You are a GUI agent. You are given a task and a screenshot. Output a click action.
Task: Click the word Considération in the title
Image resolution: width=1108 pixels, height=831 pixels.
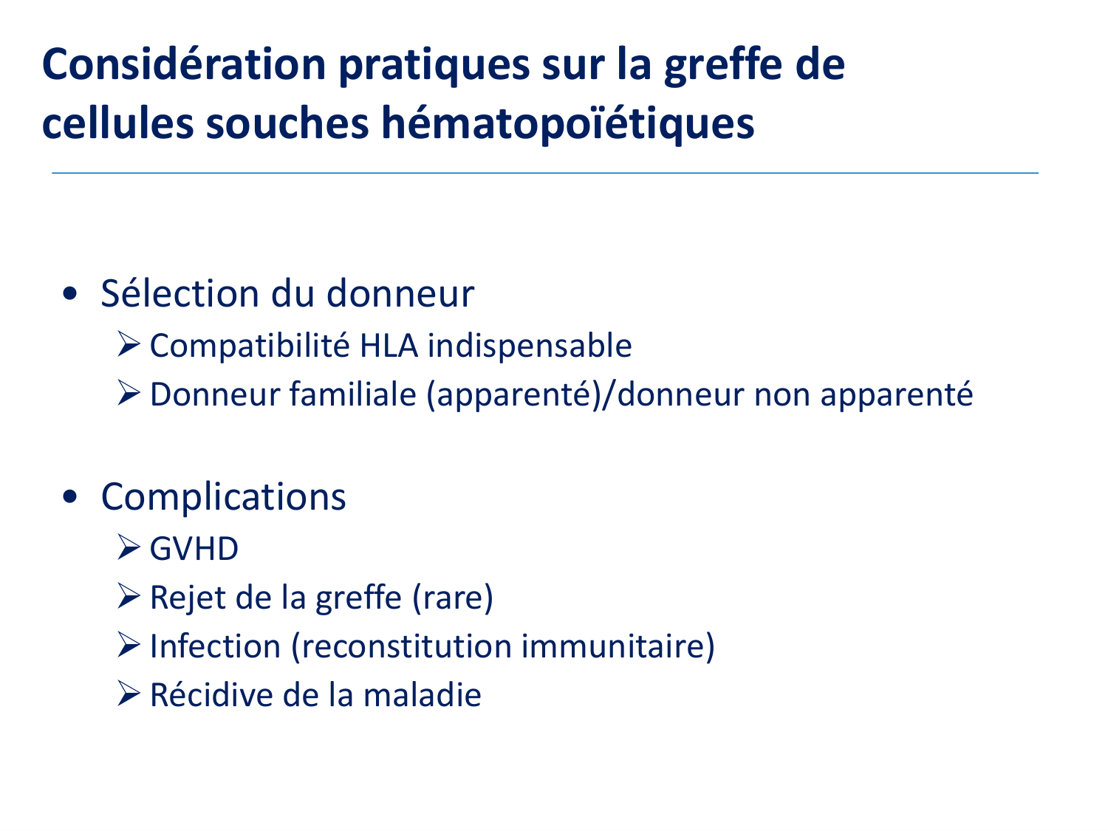coord(184,64)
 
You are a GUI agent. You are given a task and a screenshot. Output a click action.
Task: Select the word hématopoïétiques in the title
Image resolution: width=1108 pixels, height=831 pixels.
coord(568,123)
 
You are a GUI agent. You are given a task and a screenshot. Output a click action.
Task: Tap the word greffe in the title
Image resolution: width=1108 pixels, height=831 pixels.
coord(723,66)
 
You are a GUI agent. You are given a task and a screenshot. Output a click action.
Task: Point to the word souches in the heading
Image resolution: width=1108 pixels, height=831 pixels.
coord(287,123)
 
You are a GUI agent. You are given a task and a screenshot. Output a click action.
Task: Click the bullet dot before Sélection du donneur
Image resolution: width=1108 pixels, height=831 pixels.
coord(69,294)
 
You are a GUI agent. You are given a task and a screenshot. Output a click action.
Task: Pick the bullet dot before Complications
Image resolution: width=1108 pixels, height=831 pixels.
coord(69,497)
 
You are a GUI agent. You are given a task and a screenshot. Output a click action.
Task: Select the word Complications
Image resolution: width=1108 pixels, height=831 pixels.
coord(224,497)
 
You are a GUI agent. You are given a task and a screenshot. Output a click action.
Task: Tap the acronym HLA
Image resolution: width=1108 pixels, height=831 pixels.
coord(389,346)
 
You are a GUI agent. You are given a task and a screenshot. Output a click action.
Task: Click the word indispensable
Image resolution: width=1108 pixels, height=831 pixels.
coord(530,346)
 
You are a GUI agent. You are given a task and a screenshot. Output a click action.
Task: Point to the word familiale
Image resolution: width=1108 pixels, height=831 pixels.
coord(353,394)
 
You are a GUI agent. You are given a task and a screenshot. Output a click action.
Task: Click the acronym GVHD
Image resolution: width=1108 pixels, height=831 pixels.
coord(194,549)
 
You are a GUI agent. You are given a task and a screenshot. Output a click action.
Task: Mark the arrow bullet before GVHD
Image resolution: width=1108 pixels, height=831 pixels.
coord(129,547)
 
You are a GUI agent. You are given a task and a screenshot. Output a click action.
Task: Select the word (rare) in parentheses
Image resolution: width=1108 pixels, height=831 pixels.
coord(453,598)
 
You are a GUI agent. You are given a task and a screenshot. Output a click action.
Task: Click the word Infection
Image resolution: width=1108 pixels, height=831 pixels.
coord(216,646)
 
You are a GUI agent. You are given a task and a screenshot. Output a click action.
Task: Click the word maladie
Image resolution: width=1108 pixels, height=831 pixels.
coord(422,695)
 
